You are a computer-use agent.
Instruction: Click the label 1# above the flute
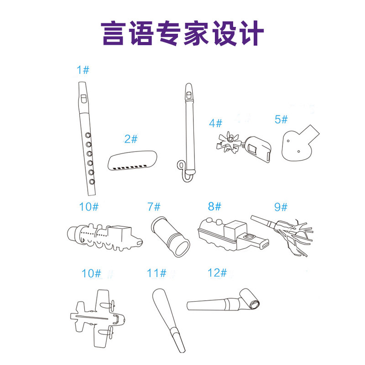[83, 70]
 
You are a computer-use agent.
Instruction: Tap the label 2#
[131, 139]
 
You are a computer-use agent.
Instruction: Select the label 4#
[215, 123]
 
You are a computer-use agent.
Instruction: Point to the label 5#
[281, 119]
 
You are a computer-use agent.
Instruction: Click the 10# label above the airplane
[91, 273]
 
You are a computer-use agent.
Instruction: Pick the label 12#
[217, 272]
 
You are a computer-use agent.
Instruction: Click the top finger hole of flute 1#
[88, 135]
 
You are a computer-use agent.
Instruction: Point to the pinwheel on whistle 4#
[228, 142]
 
